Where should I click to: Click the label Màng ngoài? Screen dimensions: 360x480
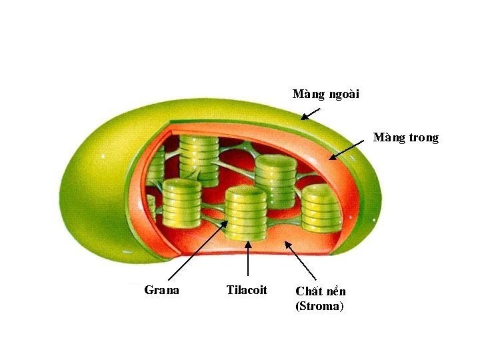325,94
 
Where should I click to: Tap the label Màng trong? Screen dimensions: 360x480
406,138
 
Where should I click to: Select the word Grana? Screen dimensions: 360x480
161,290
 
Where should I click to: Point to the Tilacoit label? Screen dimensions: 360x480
247,290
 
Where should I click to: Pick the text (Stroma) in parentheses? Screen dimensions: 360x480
319,307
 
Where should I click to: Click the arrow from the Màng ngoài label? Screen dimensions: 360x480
311,113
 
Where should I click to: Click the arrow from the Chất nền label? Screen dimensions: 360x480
301,261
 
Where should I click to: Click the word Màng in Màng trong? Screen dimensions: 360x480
387,138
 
